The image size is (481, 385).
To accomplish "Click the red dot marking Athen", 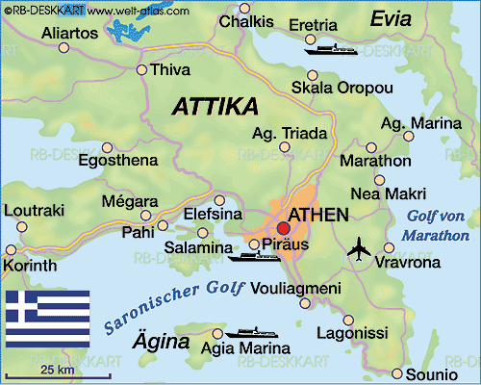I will (x=283, y=229).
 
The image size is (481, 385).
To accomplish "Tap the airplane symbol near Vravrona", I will (x=358, y=248).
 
